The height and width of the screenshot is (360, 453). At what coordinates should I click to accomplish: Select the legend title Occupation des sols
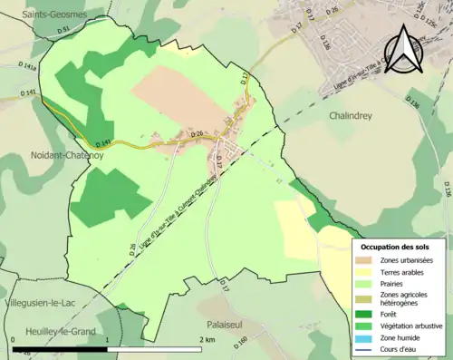coord(395,247)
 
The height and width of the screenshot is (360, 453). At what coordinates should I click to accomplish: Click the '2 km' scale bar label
coord(207,339)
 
